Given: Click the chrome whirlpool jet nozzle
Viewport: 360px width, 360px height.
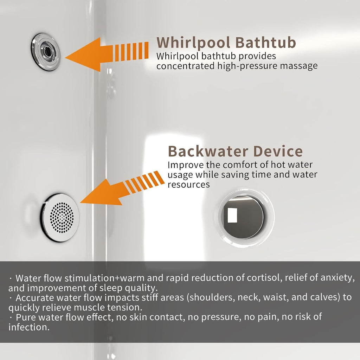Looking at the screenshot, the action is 45,52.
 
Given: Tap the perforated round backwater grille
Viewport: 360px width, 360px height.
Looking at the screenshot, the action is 60,217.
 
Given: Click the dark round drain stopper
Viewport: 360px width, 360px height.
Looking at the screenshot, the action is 244,217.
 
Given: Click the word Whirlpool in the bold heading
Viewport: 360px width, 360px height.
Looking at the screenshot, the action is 193,43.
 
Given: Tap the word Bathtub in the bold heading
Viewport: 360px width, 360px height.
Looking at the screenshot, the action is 265,42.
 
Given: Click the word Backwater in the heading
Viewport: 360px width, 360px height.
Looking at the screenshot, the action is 208,151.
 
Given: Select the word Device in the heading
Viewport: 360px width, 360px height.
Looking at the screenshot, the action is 278,151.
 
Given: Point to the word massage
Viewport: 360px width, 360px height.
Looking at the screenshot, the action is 299,66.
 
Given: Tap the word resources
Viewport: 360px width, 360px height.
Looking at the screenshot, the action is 188,185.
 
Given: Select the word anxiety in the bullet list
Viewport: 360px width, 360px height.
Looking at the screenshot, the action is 337,278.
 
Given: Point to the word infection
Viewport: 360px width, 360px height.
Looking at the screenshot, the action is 29,327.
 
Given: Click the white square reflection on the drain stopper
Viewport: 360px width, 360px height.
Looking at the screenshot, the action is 232,215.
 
